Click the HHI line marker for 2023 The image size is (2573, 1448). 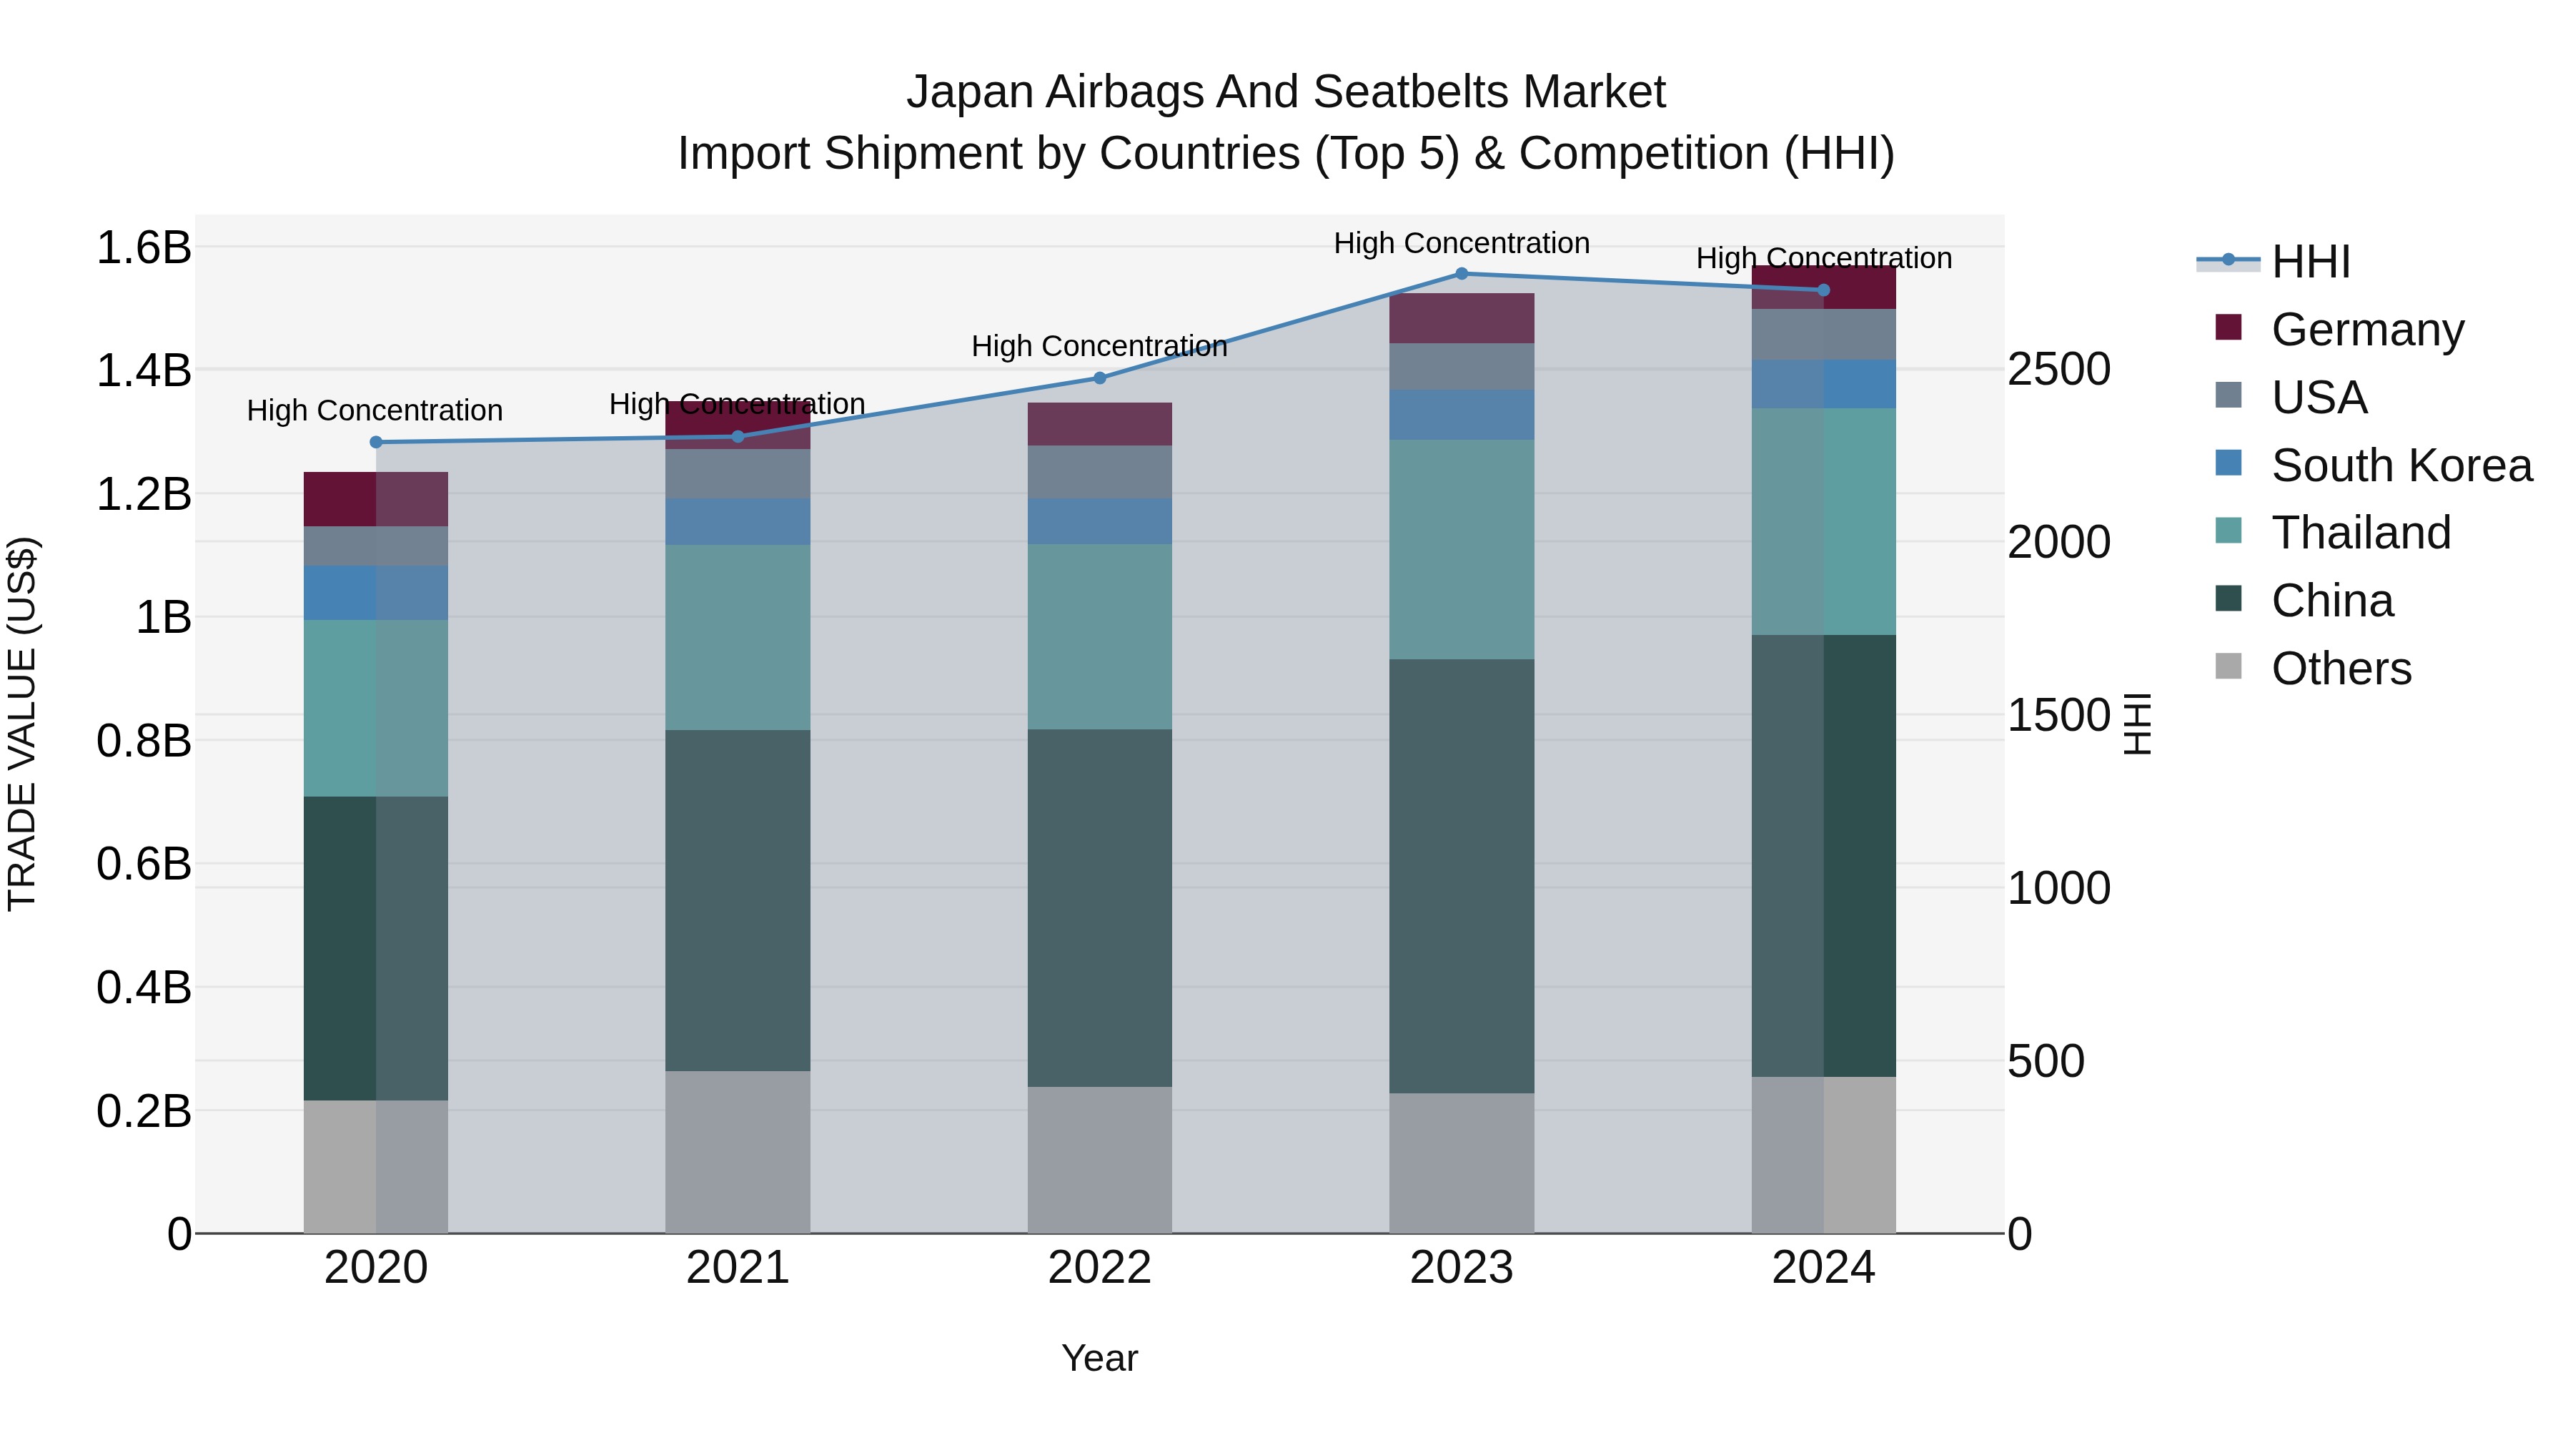coord(1462,273)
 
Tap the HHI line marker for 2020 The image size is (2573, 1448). coord(375,442)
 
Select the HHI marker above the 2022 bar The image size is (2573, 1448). coord(1100,378)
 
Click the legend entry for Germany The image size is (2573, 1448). coord(2366,329)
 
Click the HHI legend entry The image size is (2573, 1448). coord(2309,262)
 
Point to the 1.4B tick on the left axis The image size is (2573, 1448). coord(143,370)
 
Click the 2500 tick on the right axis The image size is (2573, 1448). coord(2058,369)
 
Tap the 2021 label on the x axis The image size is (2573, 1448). coord(737,1268)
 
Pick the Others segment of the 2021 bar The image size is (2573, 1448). coord(737,1151)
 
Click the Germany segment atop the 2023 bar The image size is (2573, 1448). coord(1462,317)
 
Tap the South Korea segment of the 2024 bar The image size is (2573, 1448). coord(1824,384)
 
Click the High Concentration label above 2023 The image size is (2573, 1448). coord(1462,243)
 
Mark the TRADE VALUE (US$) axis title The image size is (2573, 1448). coord(22,724)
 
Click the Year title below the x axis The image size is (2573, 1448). coord(1100,1358)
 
